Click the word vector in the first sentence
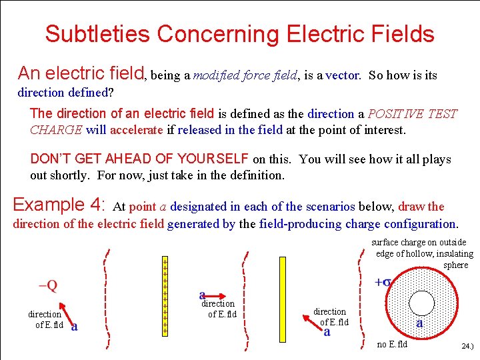coord(343,75)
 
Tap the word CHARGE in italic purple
coord(57,130)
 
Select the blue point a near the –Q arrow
coord(74,326)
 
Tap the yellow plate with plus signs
coord(165,295)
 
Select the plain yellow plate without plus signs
coord(283,295)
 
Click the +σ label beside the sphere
coord(383,282)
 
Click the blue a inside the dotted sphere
coord(419,323)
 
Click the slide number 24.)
coord(468,347)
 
